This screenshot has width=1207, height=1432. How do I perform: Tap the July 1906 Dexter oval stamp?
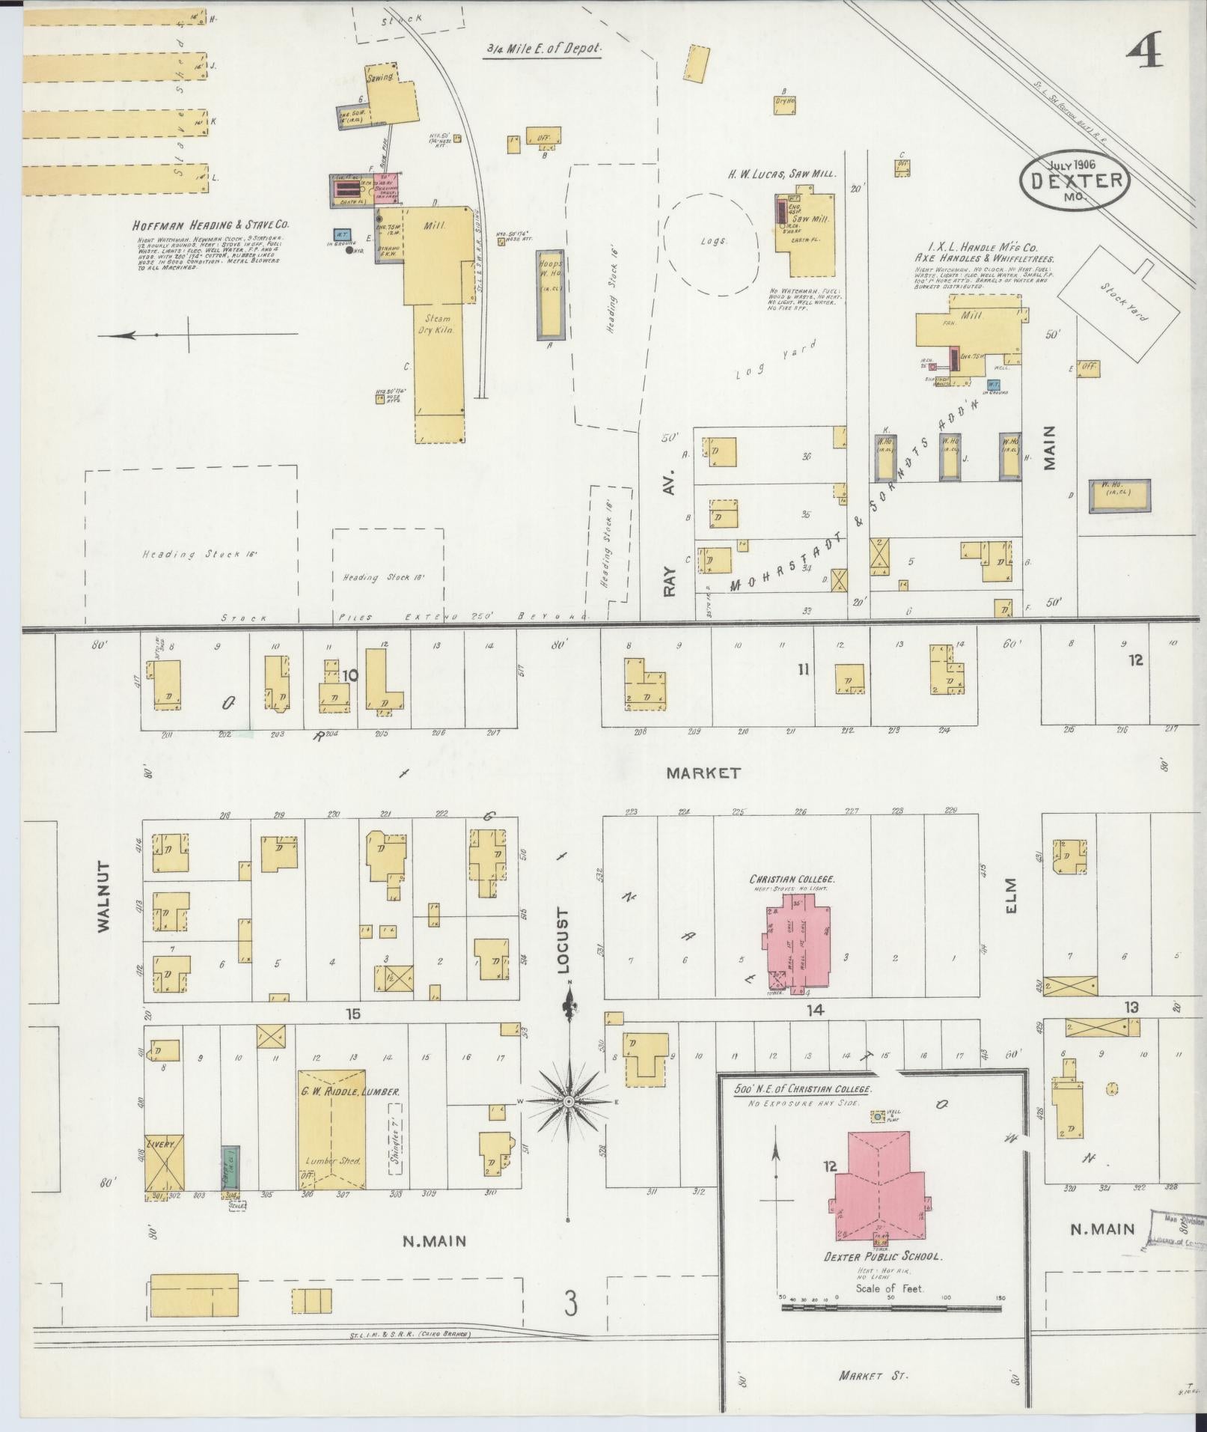coord(1075,180)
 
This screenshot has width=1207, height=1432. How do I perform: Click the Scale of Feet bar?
coord(890,1308)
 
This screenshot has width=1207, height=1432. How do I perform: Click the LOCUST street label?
coord(563,940)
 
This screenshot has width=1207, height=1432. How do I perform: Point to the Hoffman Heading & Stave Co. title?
coord(210,225)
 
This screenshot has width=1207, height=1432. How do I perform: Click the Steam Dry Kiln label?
coord(439,323)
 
